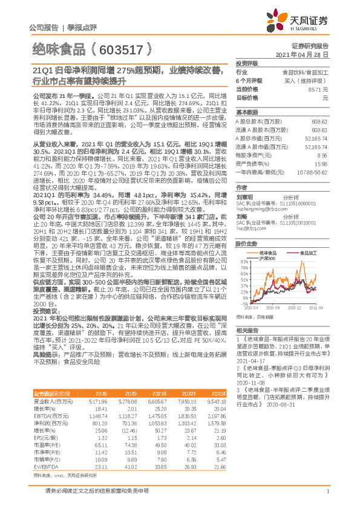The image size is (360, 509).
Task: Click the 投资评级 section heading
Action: [x=247, y=63]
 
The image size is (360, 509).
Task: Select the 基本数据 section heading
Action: [x=247, y=112]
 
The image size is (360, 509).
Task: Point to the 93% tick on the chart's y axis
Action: [x=244, y=261]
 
